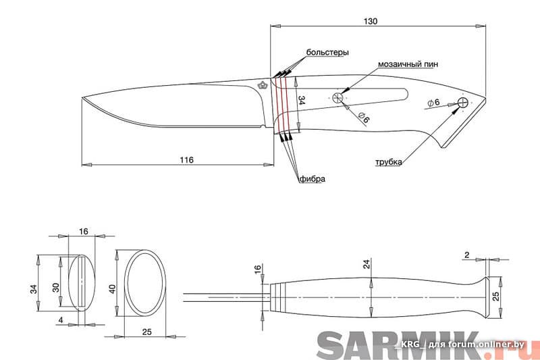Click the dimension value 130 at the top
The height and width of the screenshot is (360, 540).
click(370, 21)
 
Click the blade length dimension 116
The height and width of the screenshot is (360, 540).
click(186, 160)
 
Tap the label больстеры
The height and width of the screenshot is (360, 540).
click(327, 52)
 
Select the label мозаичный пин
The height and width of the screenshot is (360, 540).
click(408, 65)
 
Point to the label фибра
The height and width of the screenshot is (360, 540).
click(312, 179)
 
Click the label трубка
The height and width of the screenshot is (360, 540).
click(389, 162)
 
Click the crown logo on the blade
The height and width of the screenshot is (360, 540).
click(262, 85)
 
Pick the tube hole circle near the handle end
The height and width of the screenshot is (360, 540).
click(463, 103)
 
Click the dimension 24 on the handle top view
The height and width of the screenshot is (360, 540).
click(367, 265)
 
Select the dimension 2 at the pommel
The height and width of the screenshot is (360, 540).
click(466, 255)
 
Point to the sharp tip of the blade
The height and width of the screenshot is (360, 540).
click(82, 99)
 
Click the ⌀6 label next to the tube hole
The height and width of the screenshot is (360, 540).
click(433, 103)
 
